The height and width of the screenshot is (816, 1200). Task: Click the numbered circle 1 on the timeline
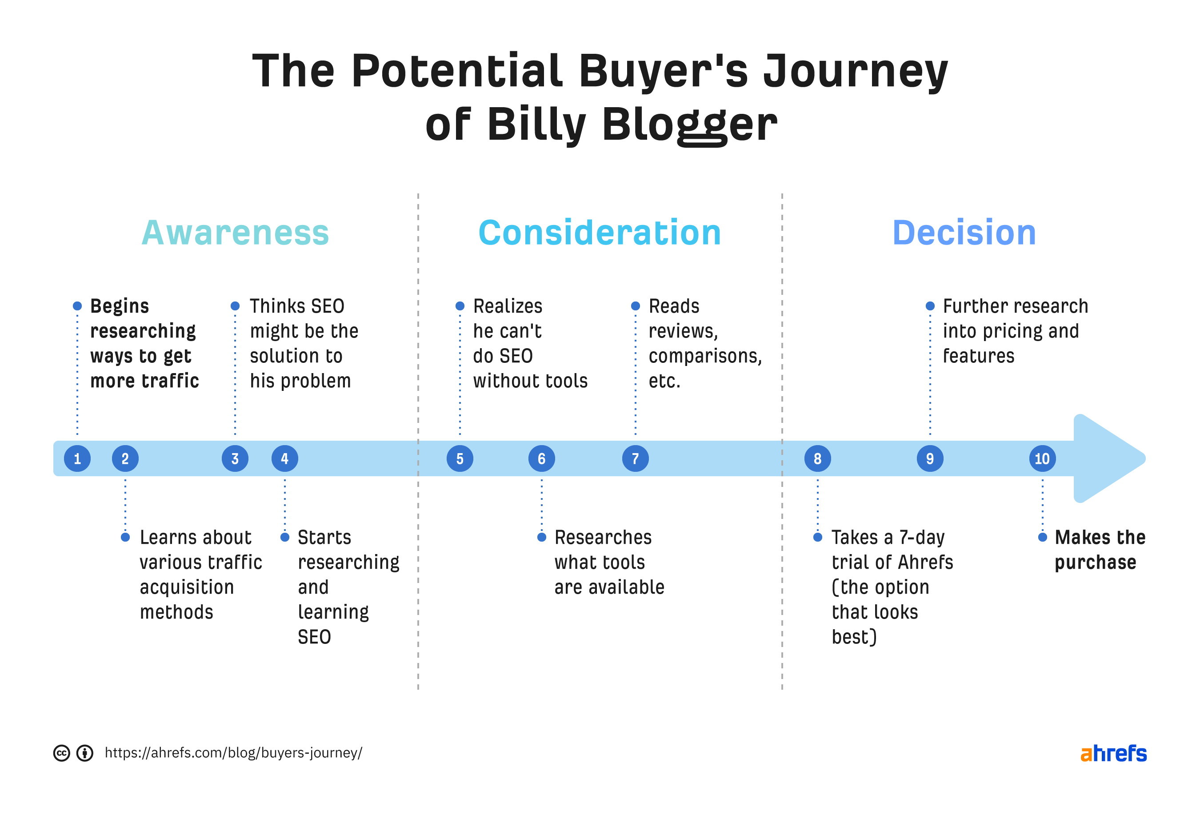77,458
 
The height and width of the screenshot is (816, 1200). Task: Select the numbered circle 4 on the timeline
284,458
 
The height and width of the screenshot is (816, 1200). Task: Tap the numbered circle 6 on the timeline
541,458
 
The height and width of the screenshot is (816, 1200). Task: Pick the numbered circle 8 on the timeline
817,458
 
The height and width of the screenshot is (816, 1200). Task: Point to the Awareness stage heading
235,233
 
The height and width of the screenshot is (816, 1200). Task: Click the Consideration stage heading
600,233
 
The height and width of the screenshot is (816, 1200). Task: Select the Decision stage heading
964,233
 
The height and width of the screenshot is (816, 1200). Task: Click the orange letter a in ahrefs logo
1086,754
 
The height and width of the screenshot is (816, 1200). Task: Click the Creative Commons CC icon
61,753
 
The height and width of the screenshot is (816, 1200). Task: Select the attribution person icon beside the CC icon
85,753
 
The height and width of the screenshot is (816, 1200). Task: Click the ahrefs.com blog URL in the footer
233,753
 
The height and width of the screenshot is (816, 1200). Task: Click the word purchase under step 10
1095,562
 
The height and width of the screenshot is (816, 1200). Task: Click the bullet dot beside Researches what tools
542,538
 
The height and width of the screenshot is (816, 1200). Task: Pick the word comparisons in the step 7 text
704,357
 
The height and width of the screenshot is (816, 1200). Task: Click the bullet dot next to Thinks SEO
235,306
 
